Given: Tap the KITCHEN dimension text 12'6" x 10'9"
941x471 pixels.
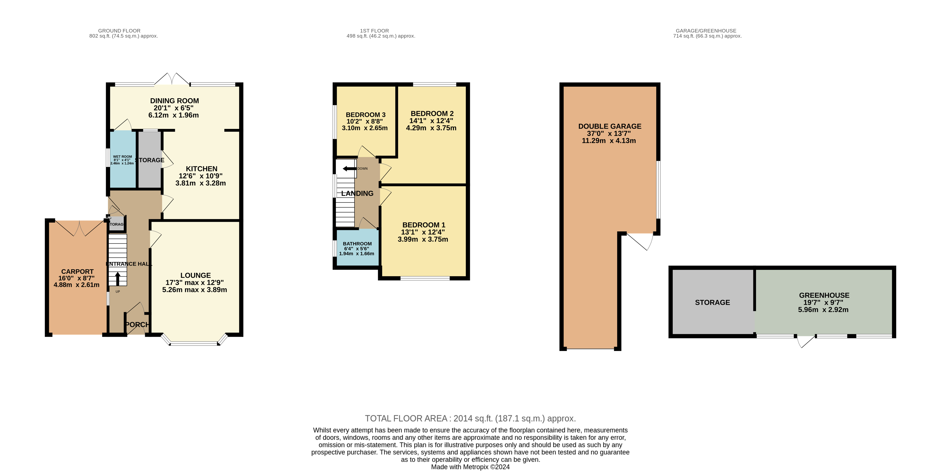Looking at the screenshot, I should (x=200, y=176).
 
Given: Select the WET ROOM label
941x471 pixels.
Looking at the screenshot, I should (x=122, y=157).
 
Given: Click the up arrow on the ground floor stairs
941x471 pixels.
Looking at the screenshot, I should (x=118, y=279).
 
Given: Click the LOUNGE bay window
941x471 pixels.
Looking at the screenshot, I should (x=194, y=343).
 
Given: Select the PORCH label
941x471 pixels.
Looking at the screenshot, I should (x=137, y=325).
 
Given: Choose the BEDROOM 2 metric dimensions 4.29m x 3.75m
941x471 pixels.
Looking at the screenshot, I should (x=431, y=128).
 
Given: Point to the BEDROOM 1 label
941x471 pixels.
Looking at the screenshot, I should (x=423, y=225).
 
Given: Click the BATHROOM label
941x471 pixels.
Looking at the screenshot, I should (x=357, y=244).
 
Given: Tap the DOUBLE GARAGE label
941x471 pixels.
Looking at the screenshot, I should (x=609, y=126).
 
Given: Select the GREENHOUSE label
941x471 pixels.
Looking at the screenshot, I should (x=824, y=295).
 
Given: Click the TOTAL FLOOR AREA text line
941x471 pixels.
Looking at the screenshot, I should (x=470, y=418).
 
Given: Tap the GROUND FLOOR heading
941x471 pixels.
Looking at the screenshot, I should (x=119, y=31).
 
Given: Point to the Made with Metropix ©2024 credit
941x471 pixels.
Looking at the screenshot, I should (x=470, y=467).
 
